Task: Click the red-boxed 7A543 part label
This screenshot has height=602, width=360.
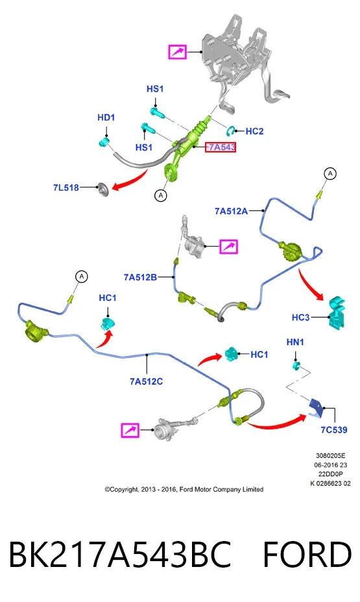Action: [x=221, y=147]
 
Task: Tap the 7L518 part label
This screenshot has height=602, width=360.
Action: [x=66, y=187]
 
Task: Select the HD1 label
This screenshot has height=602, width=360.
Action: [x=106, y=117]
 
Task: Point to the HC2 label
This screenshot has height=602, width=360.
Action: [x=254, y=131]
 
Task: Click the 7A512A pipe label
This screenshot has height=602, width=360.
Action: [x=231, y=211]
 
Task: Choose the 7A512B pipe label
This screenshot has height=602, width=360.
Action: [x=140, y=277]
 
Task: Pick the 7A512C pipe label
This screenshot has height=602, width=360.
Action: [x=146, y=381]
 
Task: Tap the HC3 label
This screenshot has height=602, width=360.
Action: [x=300, y=317]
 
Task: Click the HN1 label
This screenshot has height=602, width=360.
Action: [x=295, y=342]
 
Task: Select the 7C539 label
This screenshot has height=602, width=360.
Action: [x=334, y=430]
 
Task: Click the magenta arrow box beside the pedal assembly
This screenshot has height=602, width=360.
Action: [x=177, y=52]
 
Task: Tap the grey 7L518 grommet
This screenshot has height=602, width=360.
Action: [x=104, y=189]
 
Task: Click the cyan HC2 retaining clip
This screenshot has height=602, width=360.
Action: [x=232, y=130]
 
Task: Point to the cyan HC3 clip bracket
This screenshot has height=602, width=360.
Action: [x=337, y=312]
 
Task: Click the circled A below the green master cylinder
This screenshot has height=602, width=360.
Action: [x=161, y=195]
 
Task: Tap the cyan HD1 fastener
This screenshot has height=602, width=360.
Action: [x=103, y=143]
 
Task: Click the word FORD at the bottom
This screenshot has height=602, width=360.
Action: [x=307, y=555]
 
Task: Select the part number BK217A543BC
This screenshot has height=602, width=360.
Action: [x=120, y=555]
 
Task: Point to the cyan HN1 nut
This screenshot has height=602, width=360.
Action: [x=296, y=365]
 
